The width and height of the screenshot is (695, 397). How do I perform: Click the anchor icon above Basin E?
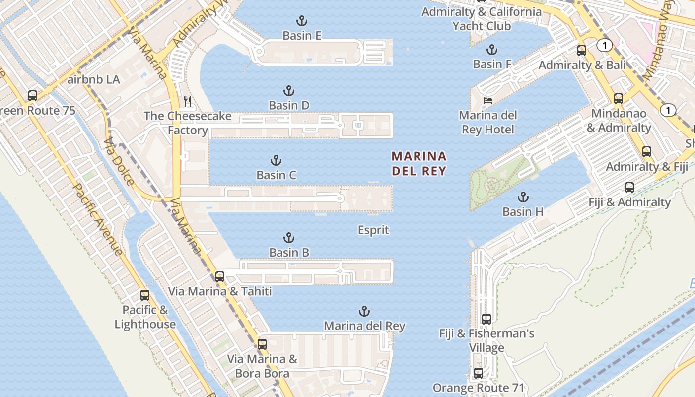(301, 21)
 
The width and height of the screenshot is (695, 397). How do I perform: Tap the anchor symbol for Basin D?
(289, 91)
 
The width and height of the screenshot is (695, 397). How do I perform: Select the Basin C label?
(276, 175)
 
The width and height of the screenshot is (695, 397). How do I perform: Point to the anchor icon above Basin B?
(289, 238)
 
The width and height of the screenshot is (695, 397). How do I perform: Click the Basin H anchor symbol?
(523, 197)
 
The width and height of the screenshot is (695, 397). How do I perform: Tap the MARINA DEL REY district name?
(419, 164)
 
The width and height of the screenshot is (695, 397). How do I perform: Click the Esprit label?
(373, 230)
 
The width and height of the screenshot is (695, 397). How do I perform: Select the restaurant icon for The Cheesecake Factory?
(188, 101)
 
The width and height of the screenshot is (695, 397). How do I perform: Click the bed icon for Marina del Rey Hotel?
(487, 100)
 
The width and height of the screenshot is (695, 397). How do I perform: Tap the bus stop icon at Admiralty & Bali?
(581, 50)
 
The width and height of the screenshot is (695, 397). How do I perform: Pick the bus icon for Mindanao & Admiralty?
(618, 98)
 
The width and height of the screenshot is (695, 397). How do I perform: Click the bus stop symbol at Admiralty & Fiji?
(646, 152)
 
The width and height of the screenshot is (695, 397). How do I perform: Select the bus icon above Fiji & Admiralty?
(629, 188)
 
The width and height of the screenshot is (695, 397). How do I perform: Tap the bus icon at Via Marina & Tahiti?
(220, 276)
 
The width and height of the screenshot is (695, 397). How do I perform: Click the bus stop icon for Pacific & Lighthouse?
(145, 295)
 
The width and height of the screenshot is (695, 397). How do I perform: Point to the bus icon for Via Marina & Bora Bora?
(262, 344)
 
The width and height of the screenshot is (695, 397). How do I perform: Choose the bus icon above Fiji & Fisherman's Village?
(486, 319)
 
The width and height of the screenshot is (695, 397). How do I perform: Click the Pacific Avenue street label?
(97, 219)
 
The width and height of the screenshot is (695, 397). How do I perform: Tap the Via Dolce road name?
(119, 161)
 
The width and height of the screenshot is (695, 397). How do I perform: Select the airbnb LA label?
(93, 79)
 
